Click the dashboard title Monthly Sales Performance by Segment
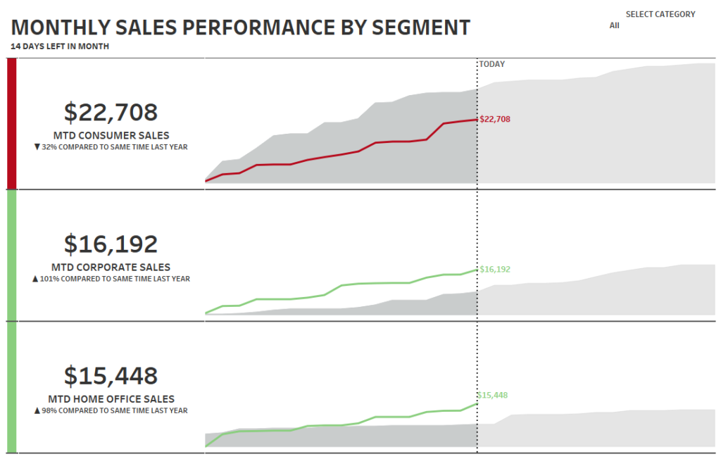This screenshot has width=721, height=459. coord(241,27)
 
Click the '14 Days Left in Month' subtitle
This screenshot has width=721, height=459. coord(60,46)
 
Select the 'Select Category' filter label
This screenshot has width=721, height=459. coord(660,14)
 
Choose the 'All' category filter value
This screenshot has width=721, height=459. coord(615,25)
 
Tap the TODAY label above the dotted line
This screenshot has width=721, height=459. coord(491,64)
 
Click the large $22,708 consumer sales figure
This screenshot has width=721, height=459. coord(111,113)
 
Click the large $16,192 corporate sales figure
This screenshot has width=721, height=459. coord(111,244)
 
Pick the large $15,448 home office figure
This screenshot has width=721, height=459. coord(111,376)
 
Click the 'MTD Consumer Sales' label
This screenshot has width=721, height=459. coord(111,135)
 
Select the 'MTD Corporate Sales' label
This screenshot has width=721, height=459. coord(111,268)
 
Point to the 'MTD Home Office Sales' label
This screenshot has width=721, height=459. coord(111,399)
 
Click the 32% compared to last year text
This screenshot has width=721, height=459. coord(111,147)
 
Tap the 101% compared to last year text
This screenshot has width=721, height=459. coord(111,279)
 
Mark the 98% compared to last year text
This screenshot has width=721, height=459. coord(111,410)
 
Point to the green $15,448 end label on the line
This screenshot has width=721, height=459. coord(492,395)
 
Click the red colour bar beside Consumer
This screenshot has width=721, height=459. coord(11,123)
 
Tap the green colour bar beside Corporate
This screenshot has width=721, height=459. coord(11,255)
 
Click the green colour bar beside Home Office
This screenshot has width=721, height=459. coord(11,386)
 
